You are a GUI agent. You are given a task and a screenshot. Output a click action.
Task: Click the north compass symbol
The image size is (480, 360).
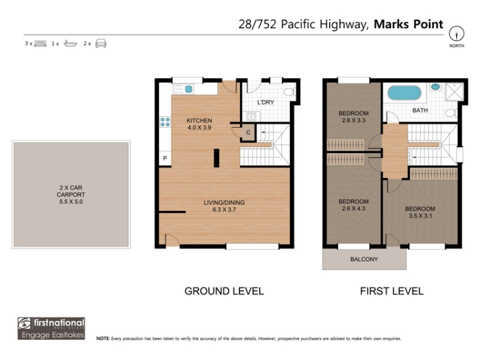point(457,34)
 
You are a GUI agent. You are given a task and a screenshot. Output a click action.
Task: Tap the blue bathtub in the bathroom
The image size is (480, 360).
point(404,93)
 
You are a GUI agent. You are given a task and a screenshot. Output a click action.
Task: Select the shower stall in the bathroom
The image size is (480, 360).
point(454,92)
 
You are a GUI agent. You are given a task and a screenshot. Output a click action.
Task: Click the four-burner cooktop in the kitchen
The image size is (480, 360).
point(166,122)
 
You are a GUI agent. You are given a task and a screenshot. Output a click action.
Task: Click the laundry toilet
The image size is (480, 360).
point(289,92)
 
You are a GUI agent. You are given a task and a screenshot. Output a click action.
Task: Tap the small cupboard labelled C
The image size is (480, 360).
point(248,133)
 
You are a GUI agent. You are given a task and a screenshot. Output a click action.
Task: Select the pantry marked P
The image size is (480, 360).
point(165,158)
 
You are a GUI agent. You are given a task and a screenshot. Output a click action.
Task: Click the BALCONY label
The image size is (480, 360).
point(364,259)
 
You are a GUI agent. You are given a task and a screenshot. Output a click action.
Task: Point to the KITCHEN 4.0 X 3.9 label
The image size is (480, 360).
point(199,124)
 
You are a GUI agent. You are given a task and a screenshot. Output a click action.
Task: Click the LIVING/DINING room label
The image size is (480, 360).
point(224,206)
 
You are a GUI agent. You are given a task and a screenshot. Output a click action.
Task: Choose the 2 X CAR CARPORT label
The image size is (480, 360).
point(71,194)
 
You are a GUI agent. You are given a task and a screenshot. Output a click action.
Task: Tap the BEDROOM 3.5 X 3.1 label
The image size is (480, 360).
point(420,212)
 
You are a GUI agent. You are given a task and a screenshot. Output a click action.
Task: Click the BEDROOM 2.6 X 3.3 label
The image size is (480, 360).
point(353,116)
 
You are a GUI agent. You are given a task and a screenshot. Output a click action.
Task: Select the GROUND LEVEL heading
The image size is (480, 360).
point(224,291)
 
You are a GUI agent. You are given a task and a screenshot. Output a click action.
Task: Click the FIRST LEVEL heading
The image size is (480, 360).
point(392,291)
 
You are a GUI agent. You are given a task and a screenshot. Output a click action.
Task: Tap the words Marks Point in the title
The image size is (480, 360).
point(409,24)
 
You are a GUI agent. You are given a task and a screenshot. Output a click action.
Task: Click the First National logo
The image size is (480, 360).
point(51,328)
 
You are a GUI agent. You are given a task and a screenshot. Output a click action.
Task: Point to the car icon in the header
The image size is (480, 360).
point(101,43)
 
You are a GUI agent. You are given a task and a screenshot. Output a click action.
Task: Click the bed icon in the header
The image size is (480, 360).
point(40,43)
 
